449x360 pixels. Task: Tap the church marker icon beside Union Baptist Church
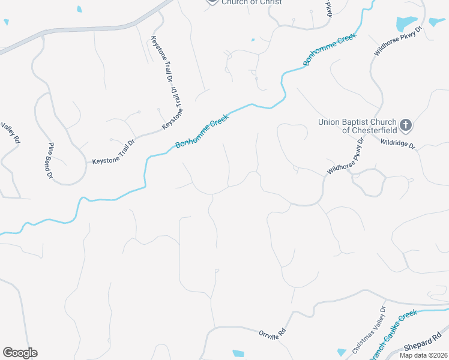coord(406,125)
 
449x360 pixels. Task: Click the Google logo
coord(20,353)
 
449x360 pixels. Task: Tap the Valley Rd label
coord(11,132)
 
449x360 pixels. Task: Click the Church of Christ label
coord(252,2)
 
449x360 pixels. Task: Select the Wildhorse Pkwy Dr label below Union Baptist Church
coord(346,157)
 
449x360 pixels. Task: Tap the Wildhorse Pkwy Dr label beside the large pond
coord(399,41)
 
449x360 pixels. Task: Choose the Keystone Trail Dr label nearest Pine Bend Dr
coord(114,153)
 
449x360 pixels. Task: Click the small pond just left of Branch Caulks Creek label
coord(342,352)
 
